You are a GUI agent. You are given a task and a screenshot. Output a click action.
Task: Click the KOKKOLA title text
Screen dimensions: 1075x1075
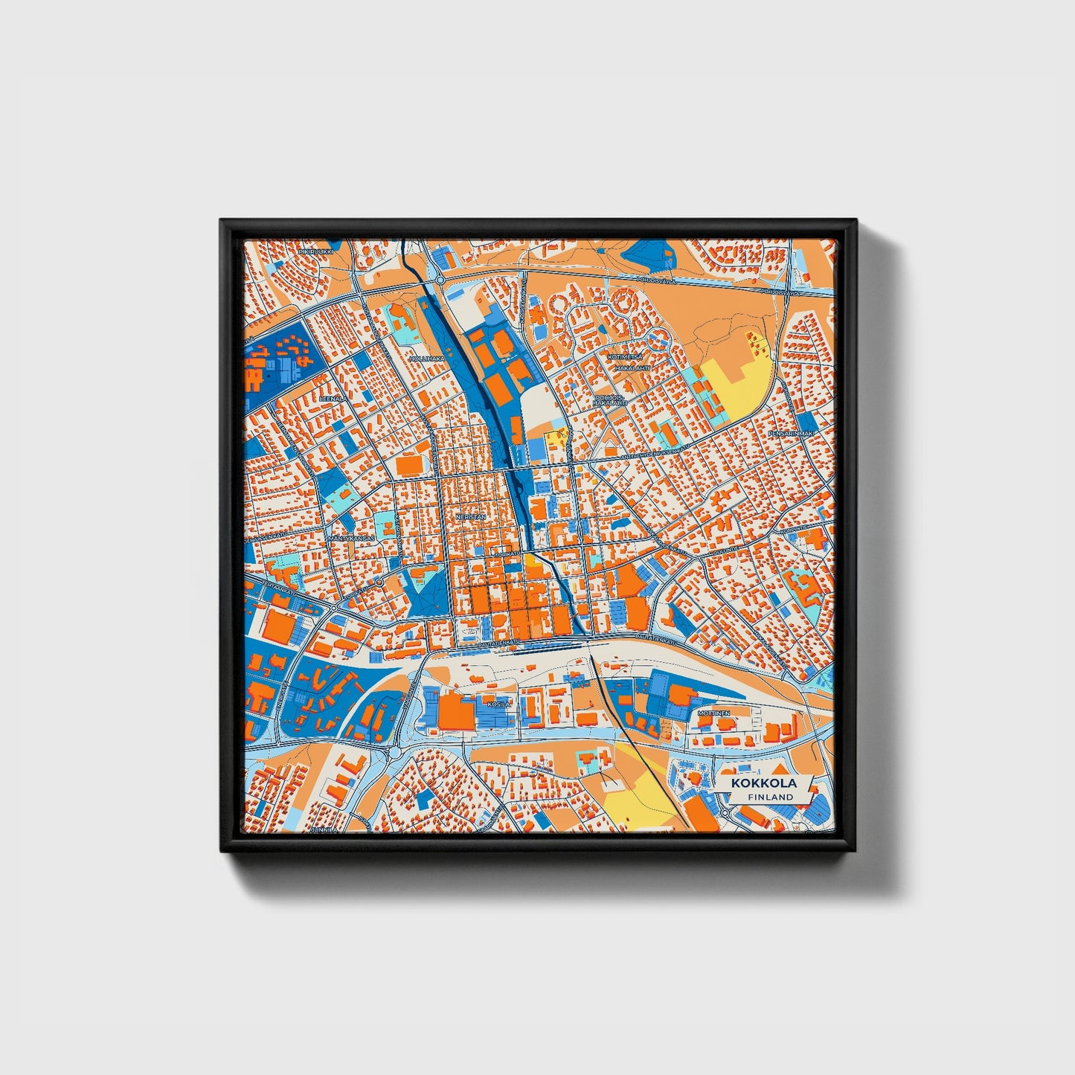(x=763, y=783)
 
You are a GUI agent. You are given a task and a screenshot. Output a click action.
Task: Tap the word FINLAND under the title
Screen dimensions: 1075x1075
(x=771, y=797)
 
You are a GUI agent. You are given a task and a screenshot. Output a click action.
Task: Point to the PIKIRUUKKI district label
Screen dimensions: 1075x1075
(x=313, y=252)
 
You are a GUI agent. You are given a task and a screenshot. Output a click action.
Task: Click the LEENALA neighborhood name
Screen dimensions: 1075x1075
(x=333, y=398)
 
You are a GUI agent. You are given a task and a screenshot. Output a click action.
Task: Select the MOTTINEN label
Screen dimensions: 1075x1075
(x=713, y=713)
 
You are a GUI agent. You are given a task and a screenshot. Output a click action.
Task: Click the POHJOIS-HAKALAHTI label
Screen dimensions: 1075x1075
(x=611, y=400)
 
